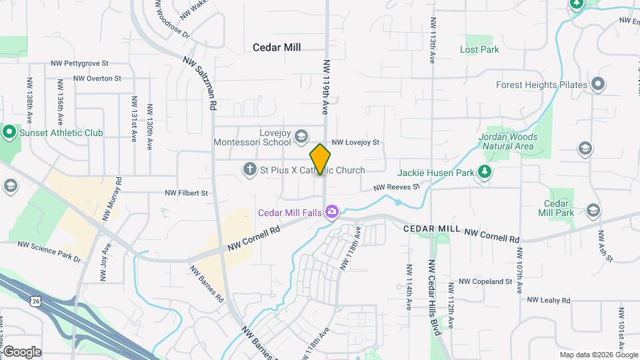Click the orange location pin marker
pos(321,159)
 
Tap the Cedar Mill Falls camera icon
pos(332,213)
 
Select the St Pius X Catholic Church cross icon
pos(250,170)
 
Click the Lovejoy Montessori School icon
pos(301,136)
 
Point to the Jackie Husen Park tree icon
pos(486,173)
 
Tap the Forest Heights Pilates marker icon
pos(598,85)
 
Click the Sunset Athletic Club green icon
pos(9,132)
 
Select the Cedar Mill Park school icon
pos(593,211)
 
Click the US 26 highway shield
pos(35,302)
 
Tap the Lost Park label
pos(479,49)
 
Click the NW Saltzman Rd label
pos(201,83)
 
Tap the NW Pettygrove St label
pos(79,63)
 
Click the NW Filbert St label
pos(187,193)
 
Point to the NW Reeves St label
pos(396,188)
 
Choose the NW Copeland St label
pos(485,281)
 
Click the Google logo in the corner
pos(21,352)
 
